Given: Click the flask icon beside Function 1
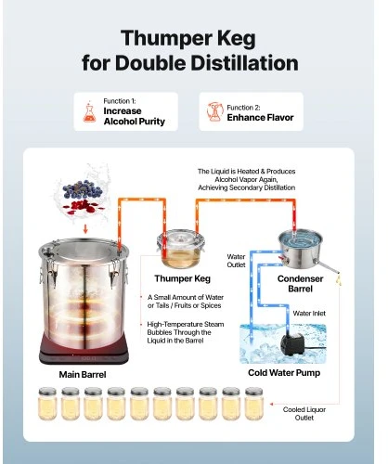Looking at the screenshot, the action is (89, 111).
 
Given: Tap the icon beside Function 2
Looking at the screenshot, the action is (214, 111).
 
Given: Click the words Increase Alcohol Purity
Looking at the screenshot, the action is (135, 116).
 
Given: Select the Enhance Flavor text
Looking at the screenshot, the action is (260, 118).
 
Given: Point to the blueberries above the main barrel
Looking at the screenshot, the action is (82, 189).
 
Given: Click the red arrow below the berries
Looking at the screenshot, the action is (85, 229).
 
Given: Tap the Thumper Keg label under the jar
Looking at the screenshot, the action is (183, 278).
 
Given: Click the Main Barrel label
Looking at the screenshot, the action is (83, 375).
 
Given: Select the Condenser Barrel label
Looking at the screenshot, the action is (300, 284).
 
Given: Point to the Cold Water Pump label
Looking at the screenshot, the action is (284, 373).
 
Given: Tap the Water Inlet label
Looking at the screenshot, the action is (309, 314).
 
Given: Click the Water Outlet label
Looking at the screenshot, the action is (236, 261).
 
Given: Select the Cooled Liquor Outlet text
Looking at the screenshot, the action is (304, 414).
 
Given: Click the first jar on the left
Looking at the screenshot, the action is (47, 404).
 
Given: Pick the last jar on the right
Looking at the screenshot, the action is (254, 404).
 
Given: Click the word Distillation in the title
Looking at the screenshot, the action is (244, 63).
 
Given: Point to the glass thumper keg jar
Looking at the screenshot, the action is (181, 250).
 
